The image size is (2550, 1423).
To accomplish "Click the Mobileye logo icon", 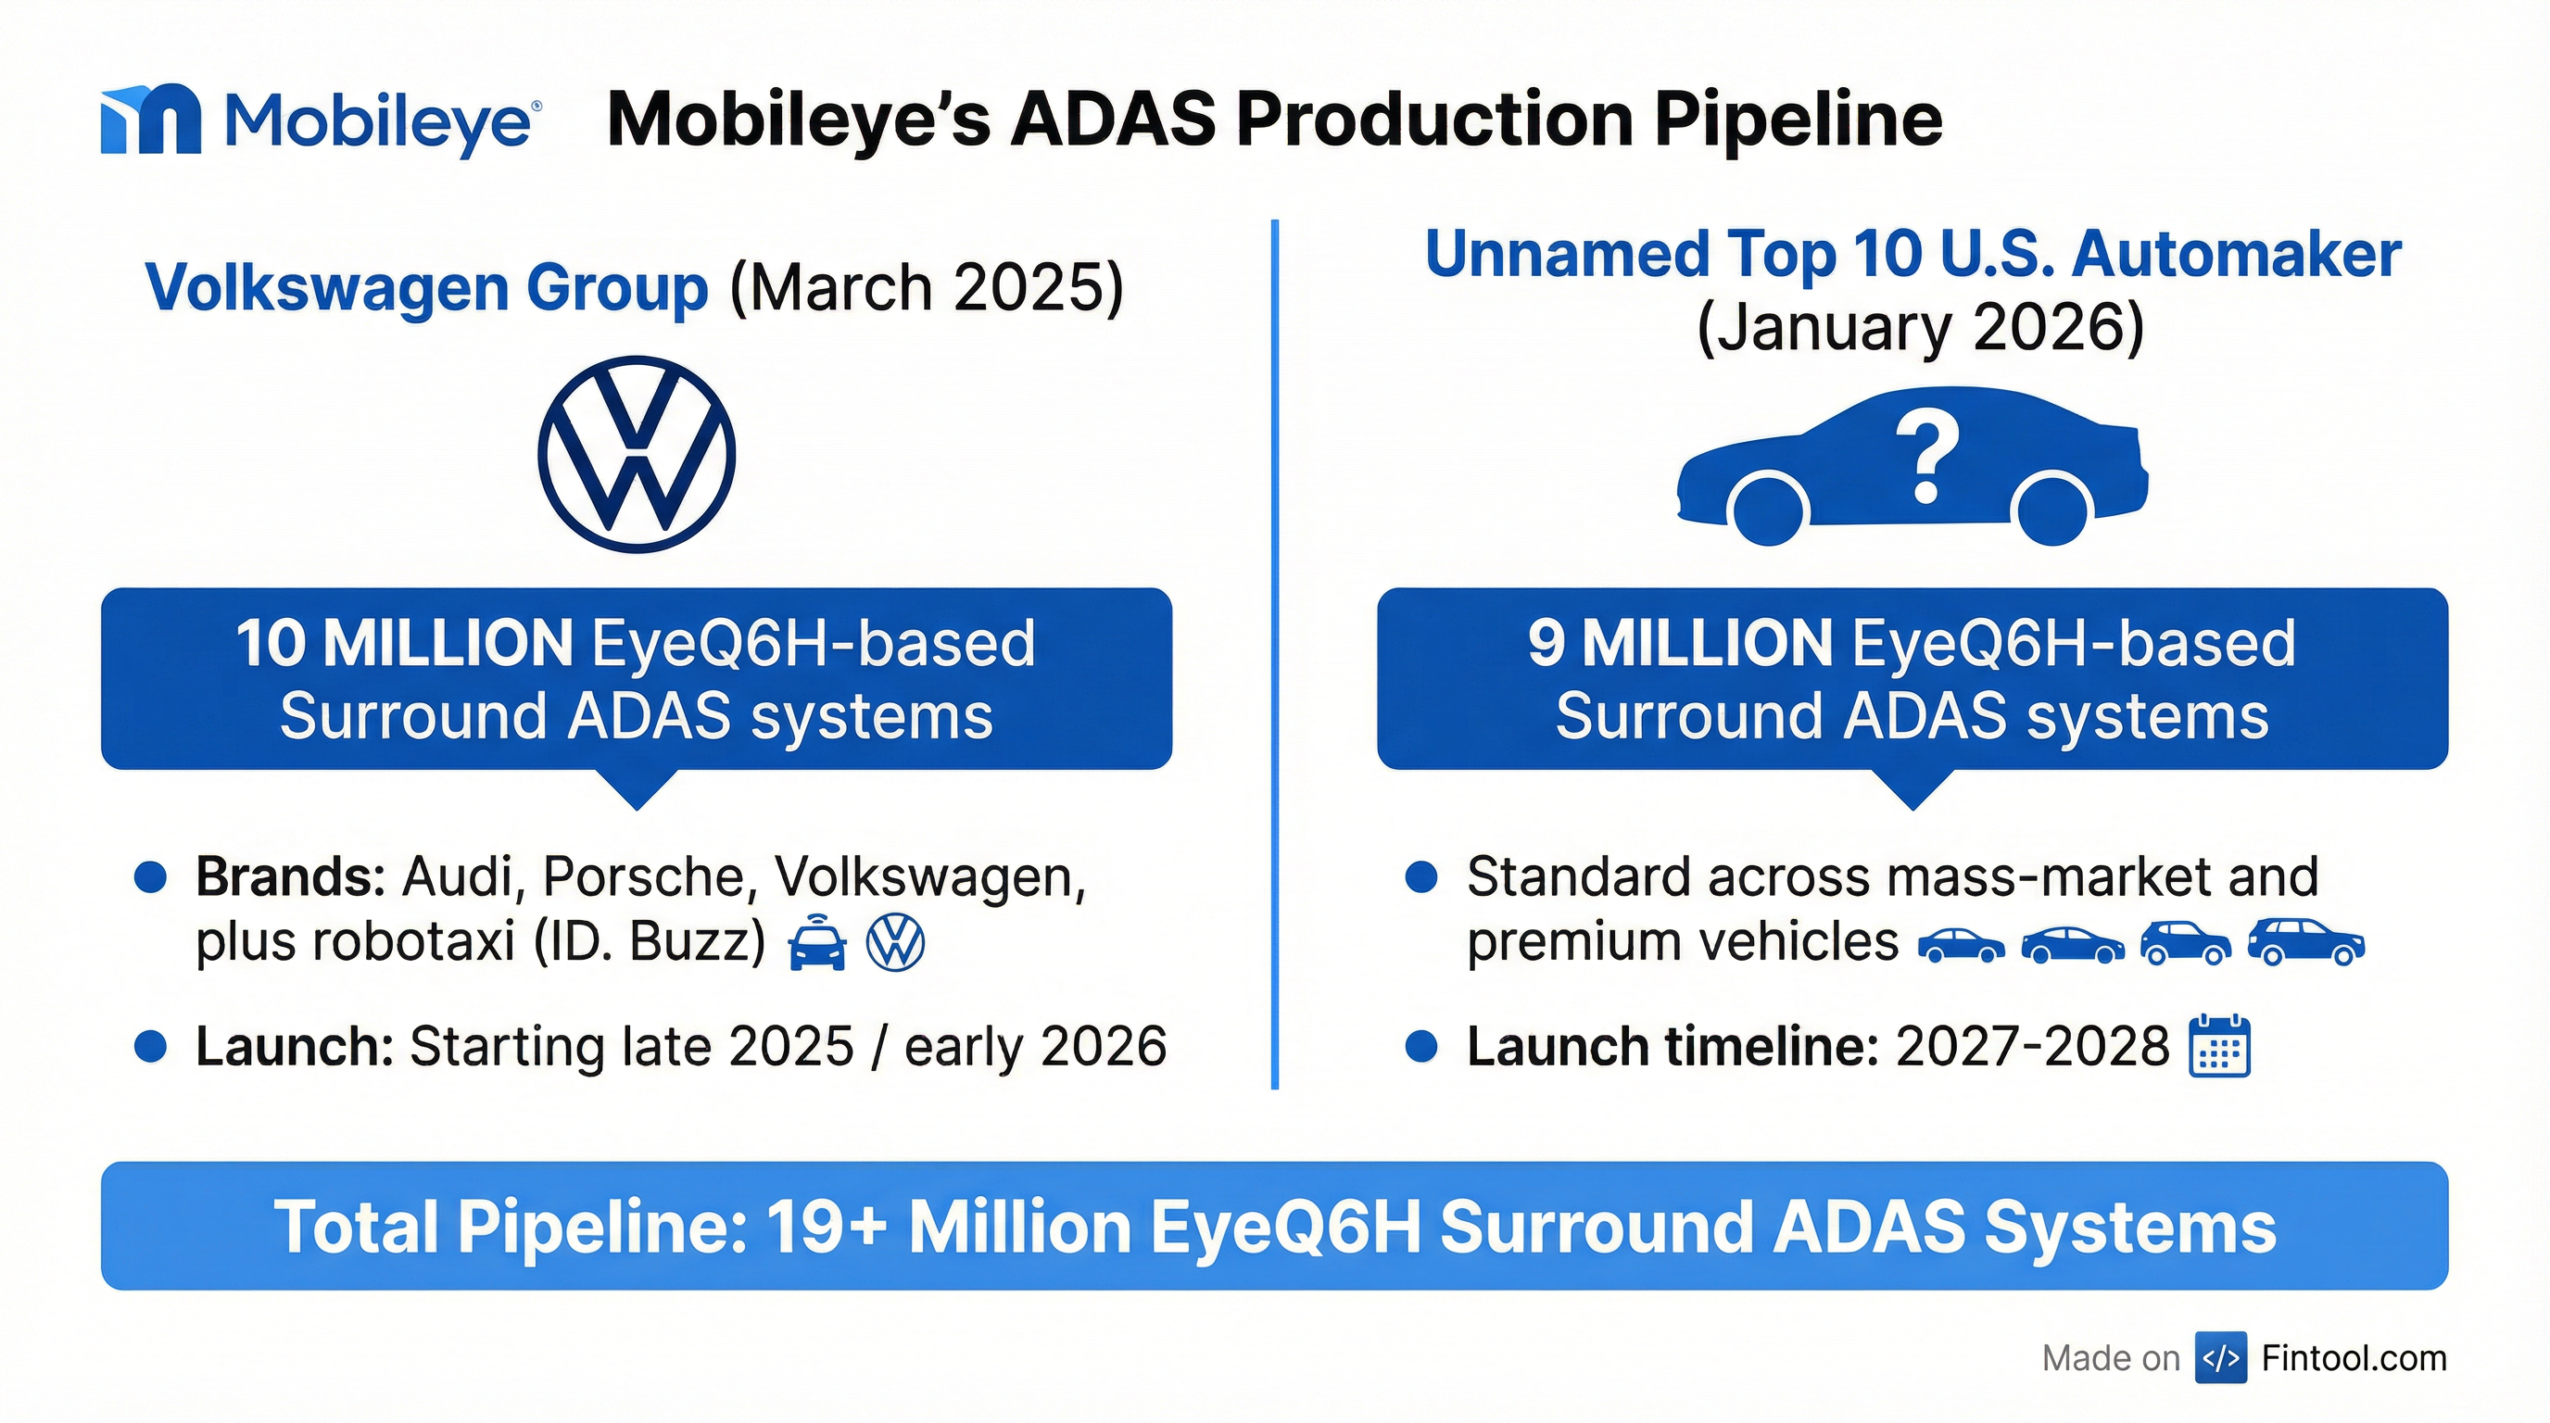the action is coord(150,119).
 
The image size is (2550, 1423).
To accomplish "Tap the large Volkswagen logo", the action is coord(637,454).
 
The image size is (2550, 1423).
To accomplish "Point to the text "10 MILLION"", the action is coord(404,643).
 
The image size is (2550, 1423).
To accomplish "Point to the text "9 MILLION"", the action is coord(1680,643).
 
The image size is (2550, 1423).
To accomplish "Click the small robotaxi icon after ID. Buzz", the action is coord(816,943).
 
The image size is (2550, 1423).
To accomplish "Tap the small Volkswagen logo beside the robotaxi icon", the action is coord(895,942).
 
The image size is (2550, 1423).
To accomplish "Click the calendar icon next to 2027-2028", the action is coord(2220,1046).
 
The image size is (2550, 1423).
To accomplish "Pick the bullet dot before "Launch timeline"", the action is coord(1421,1046).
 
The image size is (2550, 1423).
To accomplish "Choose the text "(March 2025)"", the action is coord(927,288).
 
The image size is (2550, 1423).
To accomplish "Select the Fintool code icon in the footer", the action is coord(2220,1358).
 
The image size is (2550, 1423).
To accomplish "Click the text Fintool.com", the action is coord(2354,1358).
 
